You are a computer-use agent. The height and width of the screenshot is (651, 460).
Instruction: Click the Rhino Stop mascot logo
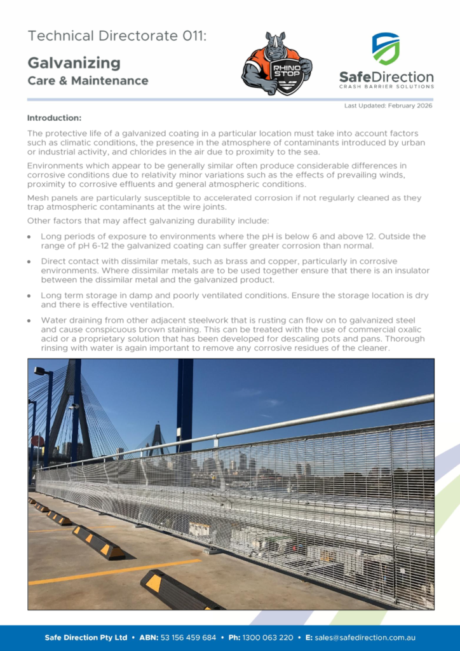click(276, 64)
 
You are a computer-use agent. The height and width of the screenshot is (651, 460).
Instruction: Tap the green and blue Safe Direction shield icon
click(386, 49)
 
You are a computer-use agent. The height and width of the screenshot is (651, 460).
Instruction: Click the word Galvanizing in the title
click(74, 62)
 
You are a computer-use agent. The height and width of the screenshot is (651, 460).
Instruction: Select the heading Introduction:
click(54, 118)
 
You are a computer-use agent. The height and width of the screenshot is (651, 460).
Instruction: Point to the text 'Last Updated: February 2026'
click(388, 106)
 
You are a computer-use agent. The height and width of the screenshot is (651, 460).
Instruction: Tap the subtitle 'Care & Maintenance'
click(88, 81)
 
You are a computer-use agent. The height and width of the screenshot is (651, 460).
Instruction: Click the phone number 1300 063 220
click(270, 637)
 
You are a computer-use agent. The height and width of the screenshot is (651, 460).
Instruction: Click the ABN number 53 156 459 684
click(188, 637)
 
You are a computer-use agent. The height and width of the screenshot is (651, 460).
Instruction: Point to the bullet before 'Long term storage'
click(30, 296)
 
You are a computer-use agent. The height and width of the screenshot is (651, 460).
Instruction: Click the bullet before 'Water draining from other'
click(30, 321)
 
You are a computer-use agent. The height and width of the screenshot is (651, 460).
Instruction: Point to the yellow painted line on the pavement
click(114, 571)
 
